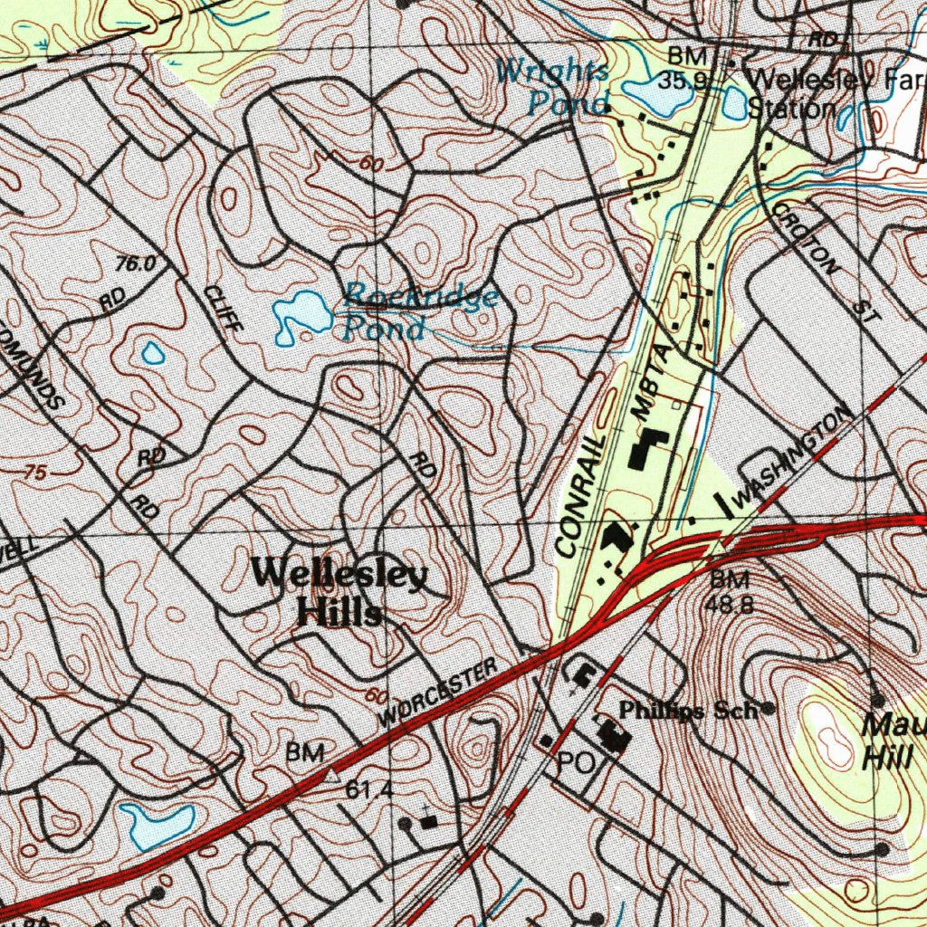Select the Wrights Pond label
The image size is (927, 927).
tap(554, 87)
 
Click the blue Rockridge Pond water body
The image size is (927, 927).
tap(301, 315)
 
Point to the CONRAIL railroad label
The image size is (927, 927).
tap(580, 494)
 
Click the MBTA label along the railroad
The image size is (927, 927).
tap(654, 380)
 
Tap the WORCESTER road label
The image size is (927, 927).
tap(439, 693)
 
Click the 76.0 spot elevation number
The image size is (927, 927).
tap(136, 264)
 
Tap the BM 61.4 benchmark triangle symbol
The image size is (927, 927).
tap(331, 775)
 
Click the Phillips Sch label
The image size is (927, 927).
tap(688, 711)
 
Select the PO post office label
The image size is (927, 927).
tap(575, 763)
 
